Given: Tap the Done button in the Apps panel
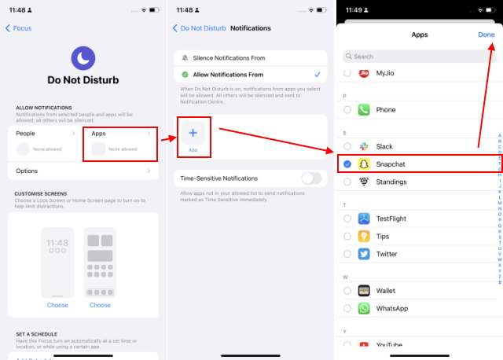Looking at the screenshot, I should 486,35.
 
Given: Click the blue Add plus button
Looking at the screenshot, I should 193,133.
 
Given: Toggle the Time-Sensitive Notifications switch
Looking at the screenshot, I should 311,178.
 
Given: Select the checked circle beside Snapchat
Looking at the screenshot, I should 348,164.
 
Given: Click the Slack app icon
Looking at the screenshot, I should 365,147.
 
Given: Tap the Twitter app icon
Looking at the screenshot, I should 365,254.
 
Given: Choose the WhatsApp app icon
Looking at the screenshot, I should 365,308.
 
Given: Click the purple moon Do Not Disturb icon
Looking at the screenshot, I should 83,57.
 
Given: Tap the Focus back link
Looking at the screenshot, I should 19,28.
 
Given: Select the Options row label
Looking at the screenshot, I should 28,171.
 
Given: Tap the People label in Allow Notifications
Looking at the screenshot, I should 26,134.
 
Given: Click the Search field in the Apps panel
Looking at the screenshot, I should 417,57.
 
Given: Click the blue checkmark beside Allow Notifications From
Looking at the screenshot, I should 317,75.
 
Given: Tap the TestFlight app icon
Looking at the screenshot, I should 365,219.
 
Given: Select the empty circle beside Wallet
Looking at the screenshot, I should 348,291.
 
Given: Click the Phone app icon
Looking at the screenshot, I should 365,110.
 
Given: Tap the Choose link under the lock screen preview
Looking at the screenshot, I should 57,305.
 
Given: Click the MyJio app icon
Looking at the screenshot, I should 365,73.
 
